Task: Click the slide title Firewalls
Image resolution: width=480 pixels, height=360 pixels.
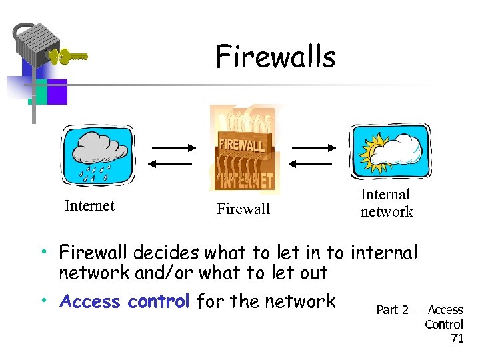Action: (x=275, y=57)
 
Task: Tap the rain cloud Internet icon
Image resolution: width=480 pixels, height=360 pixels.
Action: (x=98, y=155)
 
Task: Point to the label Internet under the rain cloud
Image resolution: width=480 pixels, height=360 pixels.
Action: (x=89, y=206)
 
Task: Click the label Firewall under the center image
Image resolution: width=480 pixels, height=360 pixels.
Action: (x=243, y=209)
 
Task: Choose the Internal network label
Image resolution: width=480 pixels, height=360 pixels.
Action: (x=386, y=203)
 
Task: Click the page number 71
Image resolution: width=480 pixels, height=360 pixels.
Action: (x=457, y=339)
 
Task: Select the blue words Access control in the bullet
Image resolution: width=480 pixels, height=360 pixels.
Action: (x=125, y=301)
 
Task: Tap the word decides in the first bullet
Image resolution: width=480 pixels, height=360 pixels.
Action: (x=166, y=253)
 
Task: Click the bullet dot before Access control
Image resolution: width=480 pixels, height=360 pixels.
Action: (x=42, y=301)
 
